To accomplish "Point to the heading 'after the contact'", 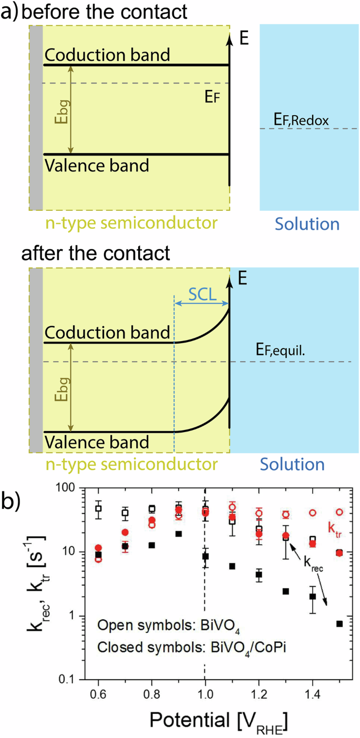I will tap(96, 253).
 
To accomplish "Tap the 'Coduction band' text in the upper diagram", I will tap(107, 54).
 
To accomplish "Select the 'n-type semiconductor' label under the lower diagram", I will tap(122, 464).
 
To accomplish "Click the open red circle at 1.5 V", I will tap(340, 512).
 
